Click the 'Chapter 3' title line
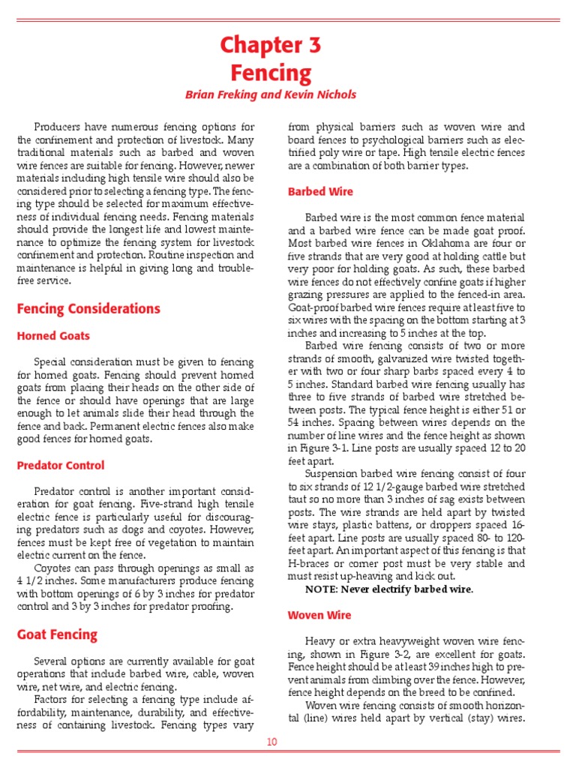[x=270, y=45]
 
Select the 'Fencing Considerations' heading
[x=88, y=309]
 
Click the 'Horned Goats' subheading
[x=53, y=336]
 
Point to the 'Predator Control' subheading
[x=61, y=465]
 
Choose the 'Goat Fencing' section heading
[x=57, y=634]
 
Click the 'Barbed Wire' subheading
[x=320, y=192]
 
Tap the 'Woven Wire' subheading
[x=319, y=615]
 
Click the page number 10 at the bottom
[x=271, y=742]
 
